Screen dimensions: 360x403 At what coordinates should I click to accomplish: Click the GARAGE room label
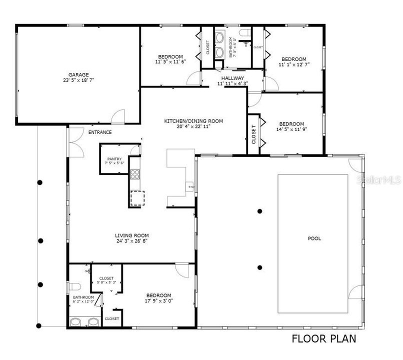(x=78, y=74)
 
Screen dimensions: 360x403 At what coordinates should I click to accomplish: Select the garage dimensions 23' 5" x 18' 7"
(x=78, y=80)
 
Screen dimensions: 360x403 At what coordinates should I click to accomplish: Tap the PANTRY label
(x=114, y=158)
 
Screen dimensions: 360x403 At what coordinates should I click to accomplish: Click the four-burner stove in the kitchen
(x=135, y=174)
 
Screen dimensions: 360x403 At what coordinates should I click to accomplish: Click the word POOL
(x=314, y=238)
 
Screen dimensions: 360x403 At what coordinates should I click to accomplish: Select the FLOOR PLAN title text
(x=324, y=338)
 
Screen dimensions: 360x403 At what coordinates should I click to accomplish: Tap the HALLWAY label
(x=232, y=78)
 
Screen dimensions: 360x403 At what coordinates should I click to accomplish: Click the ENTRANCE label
(x=100, y=132)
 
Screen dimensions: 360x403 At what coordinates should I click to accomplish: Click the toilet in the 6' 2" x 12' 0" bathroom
(x=75, y=286)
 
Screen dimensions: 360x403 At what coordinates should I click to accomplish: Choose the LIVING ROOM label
(x=132, y=235)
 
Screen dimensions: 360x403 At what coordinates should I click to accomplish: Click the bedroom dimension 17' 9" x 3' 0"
(x=158, y=300)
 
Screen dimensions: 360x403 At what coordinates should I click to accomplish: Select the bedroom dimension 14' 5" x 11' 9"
(x=291, y=129)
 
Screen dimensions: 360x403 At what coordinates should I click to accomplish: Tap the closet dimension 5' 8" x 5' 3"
(x=106, y=282)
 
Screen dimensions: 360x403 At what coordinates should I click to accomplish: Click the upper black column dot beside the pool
(x=259, y=211)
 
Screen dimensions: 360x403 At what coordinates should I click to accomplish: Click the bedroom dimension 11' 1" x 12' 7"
(x=293, y=64)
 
